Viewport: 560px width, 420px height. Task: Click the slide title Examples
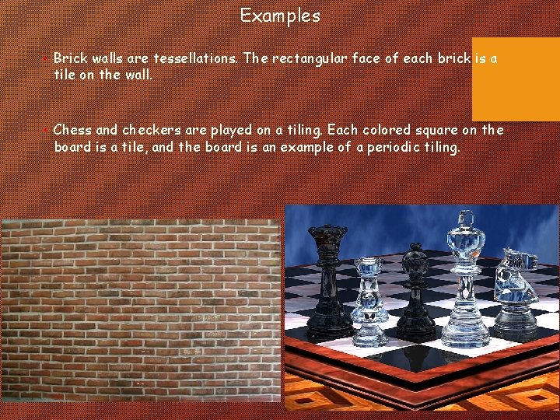click(280, 16)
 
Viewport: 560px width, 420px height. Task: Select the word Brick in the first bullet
click(71, 58)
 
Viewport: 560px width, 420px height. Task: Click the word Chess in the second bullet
click(73, 130)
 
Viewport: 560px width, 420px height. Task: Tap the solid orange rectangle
click(516, 79)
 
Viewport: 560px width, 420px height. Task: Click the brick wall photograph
click(140, 319)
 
